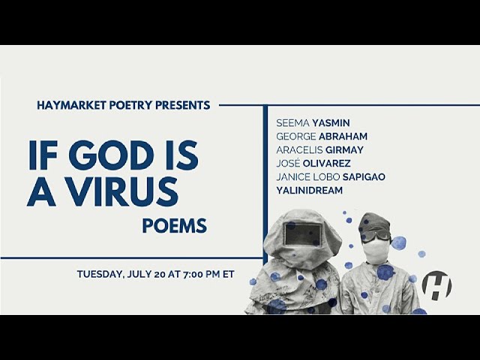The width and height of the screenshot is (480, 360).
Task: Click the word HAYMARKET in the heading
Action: click(72, 105)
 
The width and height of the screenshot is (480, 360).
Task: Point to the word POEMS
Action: click(175, 226)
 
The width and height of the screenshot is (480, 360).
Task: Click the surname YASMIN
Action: click(331, 123)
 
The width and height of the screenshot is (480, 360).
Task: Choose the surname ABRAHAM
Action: click(343, 136)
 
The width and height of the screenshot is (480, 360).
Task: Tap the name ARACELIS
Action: click(299, 150)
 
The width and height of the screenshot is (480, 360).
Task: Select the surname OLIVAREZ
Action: click(326, 163)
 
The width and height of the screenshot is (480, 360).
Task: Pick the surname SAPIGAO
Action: click(364, 177)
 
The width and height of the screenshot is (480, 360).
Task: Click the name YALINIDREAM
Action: click(309, 190)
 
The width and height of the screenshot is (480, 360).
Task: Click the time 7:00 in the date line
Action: click(193, 274)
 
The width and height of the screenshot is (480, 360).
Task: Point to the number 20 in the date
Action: click(160, 274)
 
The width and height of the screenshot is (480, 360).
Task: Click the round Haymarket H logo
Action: click(436, 286)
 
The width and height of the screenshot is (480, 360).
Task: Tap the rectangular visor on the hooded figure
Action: click(303, 235)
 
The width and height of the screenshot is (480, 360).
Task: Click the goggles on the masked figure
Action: click(375, 235)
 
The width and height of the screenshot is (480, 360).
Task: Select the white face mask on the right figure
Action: click(375, 252)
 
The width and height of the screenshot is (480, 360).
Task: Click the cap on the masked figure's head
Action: click(374, 223)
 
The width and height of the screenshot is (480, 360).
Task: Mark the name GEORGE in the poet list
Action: click(295, 136)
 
